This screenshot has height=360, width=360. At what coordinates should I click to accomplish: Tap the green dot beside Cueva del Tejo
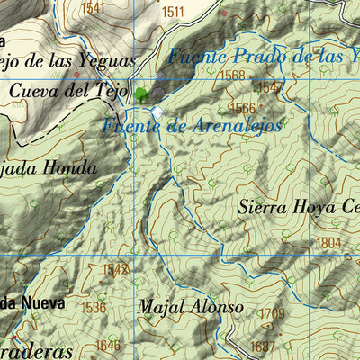[x=141, y=93]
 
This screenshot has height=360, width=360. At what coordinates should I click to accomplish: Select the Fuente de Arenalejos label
[x=192, y=126]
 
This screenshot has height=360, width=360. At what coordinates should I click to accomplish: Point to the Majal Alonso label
[x=191, y=307]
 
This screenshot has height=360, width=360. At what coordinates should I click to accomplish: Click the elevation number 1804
[x=328, y=243]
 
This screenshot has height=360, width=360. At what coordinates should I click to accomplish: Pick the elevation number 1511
[x=173, y=12]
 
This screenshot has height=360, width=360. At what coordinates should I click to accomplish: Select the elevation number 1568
[x=232, y=76]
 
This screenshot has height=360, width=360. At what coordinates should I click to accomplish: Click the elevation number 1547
[x=268, y=87]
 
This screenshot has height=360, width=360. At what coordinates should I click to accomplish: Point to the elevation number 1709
[x=272, y=313]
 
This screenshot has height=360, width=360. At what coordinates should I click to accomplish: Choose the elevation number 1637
[x=264, y=346]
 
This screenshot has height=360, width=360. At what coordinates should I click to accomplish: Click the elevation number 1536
[x=94, y=307]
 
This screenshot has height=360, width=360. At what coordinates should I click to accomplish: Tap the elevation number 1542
[x=116, y=268]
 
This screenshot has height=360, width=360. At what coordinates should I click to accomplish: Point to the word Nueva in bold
[x=42, y=303]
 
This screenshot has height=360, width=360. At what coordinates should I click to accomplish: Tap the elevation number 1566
[x=244, y=108]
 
